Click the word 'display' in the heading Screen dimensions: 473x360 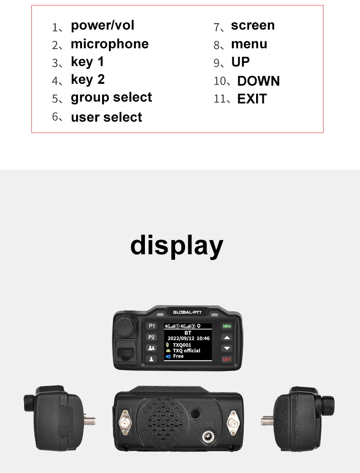pyautogui.click(x=177, y=245)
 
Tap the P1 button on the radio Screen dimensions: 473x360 pyautogui.click(x=152, y=326)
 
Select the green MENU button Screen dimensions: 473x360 pyautogui.click(x=226, y=326)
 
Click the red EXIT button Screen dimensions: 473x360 pyautogui.click(x=226, y=360)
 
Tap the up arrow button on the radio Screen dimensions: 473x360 pyautogui.click(x=226, y=338)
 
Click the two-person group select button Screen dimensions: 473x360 pyautogui.click(x=152, y=348)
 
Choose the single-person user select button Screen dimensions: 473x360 pyautogui.click(x=152, y=359)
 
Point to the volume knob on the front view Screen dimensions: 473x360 pyautogui.click(x=124, y=327)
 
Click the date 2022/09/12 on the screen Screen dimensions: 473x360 pyautogui.click(x=181, y=339)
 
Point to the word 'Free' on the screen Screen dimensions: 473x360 pyautogui.click(x=178, y=356)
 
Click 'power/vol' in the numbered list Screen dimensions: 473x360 pyautogui.click(x=103, y=26)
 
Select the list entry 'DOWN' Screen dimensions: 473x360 pyautogui.click(x=258, y=81)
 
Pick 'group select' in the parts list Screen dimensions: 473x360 pyautogui.click(x=111, y=98)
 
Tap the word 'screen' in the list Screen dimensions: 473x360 pyautogui.click(x=252, y=26)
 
